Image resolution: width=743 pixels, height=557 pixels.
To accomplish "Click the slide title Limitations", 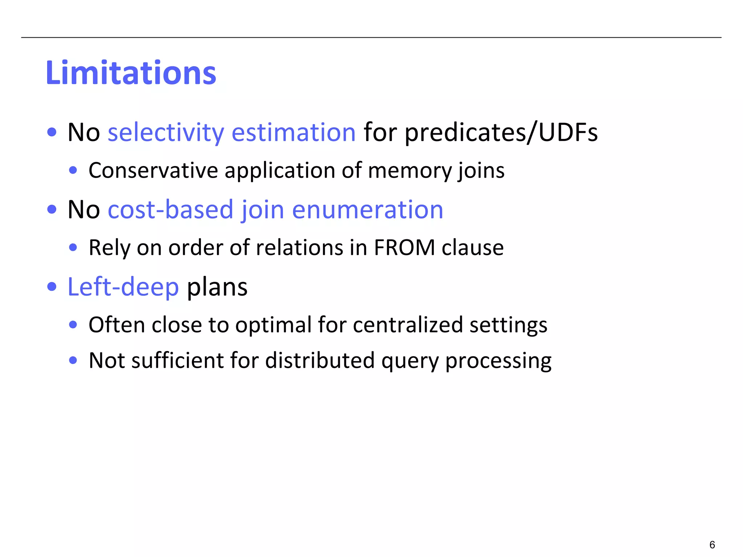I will (x=131, y=73).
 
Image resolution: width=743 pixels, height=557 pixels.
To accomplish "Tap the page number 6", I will (x=712, y=545).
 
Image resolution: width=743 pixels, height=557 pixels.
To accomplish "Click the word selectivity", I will (x=166, y=132).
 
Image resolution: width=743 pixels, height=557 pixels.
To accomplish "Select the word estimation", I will (x=293, y=132).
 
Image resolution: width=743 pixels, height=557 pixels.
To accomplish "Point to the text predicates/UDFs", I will (x=501, y=133).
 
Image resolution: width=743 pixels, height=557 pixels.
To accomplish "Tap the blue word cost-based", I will (x=171, y=210).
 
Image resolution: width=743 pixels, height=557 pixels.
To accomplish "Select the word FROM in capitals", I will (x=404, y=248).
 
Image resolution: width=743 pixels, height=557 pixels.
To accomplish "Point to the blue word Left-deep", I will (x=123, y=287).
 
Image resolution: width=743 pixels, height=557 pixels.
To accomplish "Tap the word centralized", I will (x=408, y=325).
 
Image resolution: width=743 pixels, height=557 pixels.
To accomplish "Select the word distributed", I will (x=320, y=360).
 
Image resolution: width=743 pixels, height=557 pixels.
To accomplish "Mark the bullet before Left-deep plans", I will (x=52, y=287).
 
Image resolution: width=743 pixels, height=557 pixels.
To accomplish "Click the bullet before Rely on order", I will (x=73, y=248).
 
